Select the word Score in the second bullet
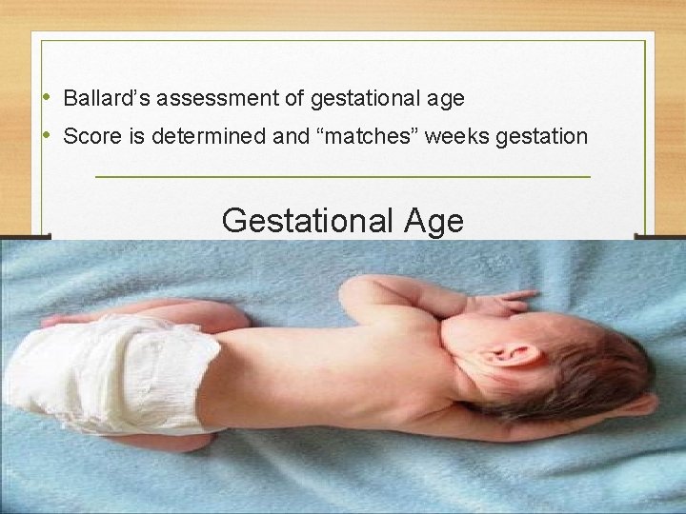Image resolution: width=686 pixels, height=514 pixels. click(x=88, y=136)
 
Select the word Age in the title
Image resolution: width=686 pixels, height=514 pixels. click(x=434, y=221)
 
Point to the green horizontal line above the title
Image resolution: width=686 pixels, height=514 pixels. click(x=343, y=177)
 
